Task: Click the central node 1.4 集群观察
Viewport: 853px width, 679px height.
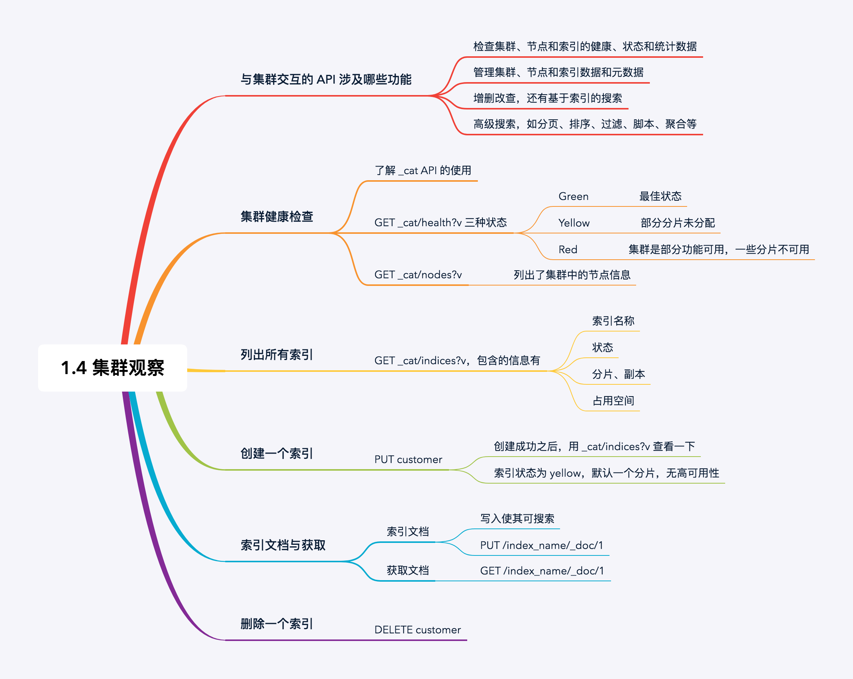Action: coord(112,368)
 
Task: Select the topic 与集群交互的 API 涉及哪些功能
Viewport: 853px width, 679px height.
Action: coord(326,79)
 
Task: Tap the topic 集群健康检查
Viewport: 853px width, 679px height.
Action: coord(277,217)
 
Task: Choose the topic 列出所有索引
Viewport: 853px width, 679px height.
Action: coord(277,355)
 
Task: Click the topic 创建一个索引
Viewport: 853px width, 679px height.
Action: coord(277,454)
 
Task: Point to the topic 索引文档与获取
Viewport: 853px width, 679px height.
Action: coord(283,545)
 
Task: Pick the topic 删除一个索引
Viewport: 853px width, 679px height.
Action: coord(277,624)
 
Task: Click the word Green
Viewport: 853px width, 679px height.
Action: coord(573,197)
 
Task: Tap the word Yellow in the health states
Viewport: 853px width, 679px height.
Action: coord(574,223)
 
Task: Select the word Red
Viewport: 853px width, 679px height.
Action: coord(568,249)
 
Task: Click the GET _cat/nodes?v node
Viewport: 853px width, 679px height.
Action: coord(418,275)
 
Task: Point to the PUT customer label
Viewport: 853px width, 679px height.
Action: coord(408,460)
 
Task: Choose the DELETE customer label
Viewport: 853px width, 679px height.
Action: coord(417,630)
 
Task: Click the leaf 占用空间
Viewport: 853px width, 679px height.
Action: coord(613,401)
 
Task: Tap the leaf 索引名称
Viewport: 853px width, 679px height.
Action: coord(613,321)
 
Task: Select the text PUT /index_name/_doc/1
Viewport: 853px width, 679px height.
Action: coord(542,545)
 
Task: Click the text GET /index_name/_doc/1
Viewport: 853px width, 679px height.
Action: coord(542,571)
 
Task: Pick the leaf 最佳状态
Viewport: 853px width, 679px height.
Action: coord(660,197)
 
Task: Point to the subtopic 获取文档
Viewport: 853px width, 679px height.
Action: coord(407,571)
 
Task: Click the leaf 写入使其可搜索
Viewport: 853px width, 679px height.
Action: coord(517,519)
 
